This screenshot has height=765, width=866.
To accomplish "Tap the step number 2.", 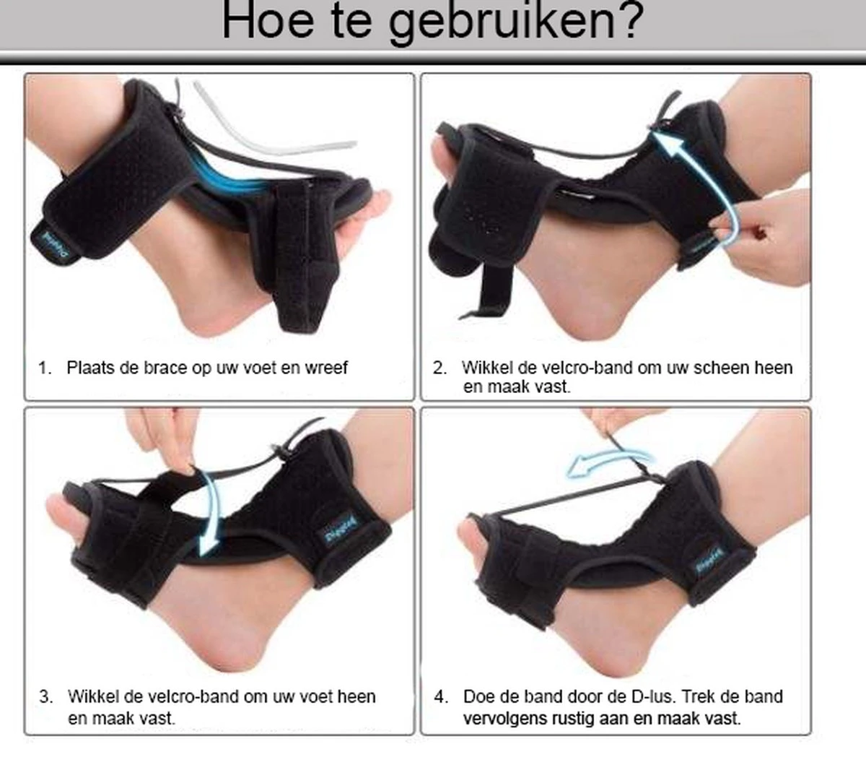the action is [439, 368].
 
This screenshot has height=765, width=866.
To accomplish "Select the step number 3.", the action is [46, 697].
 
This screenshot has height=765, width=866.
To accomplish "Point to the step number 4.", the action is [441, 697].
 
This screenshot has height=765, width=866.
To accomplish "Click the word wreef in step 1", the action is [326, 368].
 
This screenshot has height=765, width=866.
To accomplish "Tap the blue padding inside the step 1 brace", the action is [231, 176].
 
